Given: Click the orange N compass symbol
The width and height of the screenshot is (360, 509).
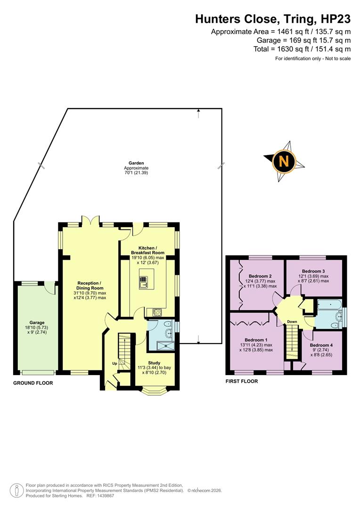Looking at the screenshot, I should point(284,161).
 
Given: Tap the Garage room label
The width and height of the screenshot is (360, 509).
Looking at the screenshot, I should point(37,323).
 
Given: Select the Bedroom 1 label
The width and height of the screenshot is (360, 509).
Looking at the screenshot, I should point(256,340).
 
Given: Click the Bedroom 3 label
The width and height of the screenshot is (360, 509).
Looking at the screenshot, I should point(314,271).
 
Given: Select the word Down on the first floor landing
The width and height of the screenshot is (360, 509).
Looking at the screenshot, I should point(292,322).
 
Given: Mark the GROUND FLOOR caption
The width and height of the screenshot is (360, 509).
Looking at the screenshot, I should point(33,383).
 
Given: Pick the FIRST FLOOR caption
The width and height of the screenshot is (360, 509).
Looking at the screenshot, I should point(242,381).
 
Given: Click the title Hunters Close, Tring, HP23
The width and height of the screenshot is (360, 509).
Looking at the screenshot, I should point(273,19).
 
